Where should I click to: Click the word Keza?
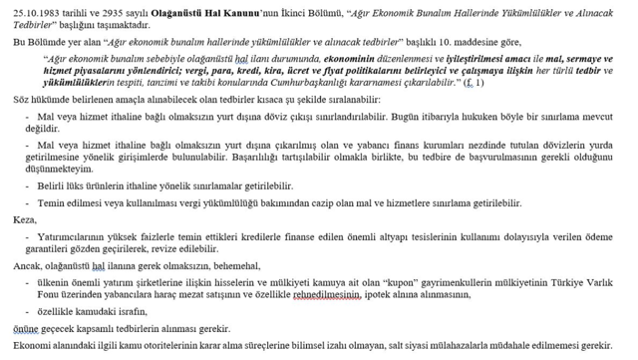click(x=23, y=216)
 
